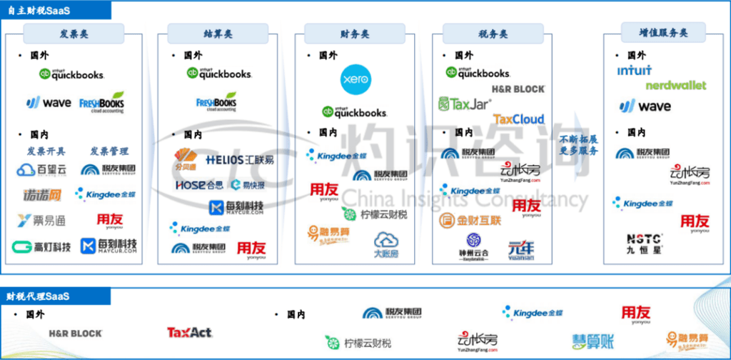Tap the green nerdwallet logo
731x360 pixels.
point(675,86)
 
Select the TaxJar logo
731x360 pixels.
point(465,104)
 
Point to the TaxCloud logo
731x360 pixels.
point(519,119)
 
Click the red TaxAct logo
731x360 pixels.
point(189,333)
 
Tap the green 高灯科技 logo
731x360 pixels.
point(41,246)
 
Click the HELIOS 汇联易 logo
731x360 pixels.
point(239,159)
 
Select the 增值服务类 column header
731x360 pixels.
point(653,32)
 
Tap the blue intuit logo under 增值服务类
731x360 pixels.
point(635,71)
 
